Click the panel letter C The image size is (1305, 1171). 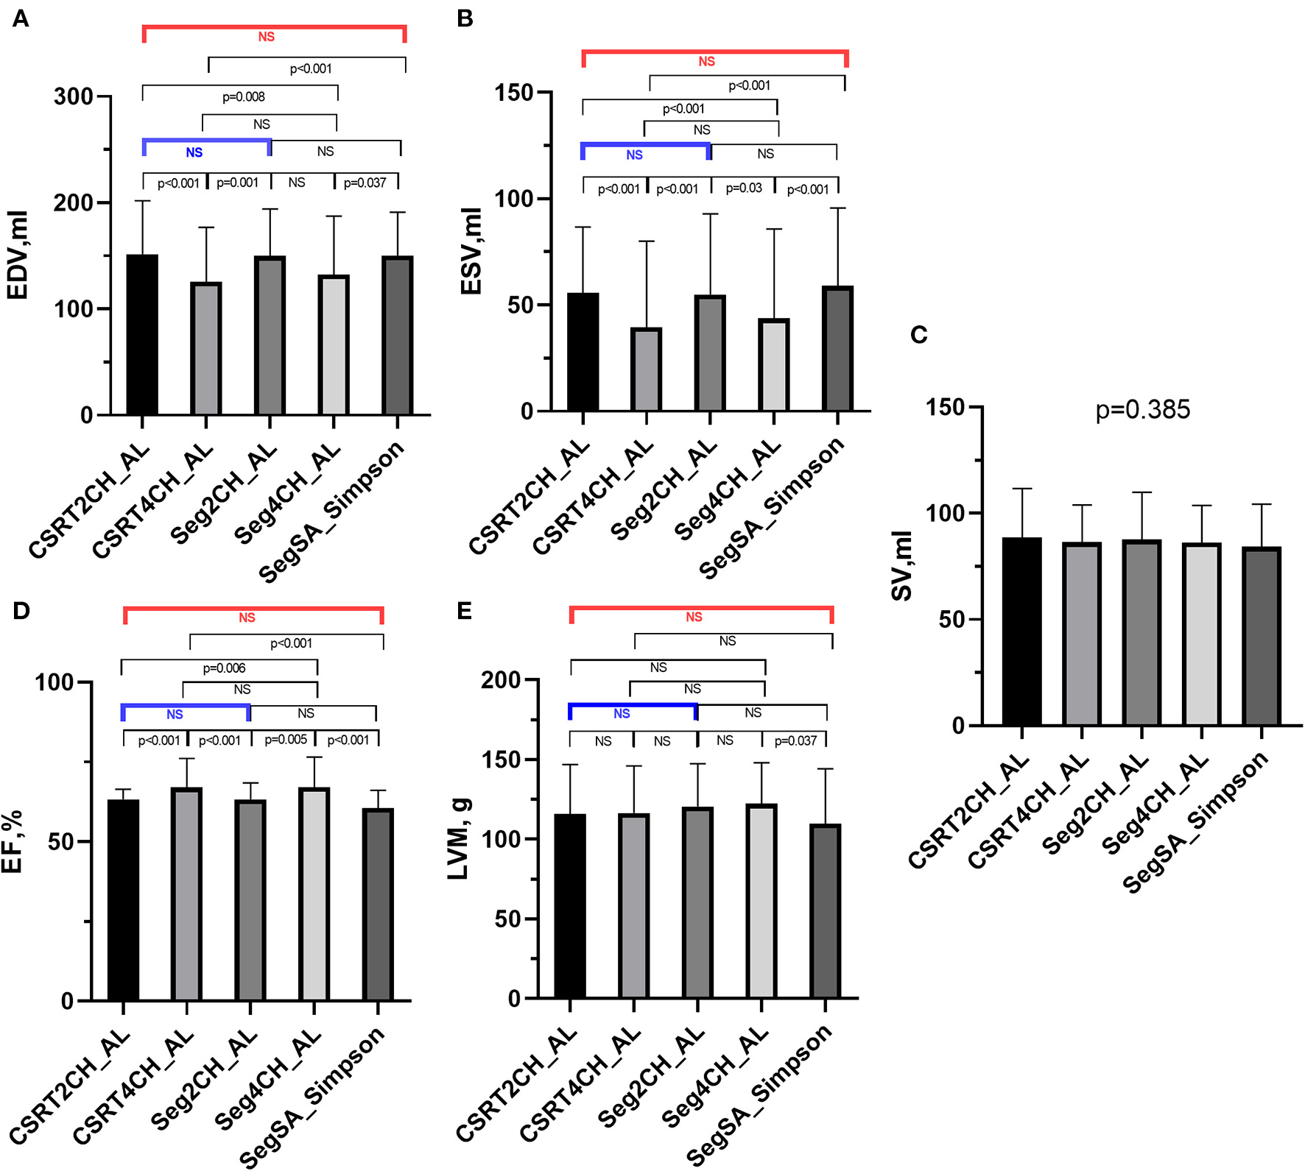pos(918,335)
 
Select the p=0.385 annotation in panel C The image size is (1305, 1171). pos(1142,409)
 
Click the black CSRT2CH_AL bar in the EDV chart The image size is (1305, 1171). pos(142,335)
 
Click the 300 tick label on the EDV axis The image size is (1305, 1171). pos(73,96)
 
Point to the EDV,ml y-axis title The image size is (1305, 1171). pos(17,255)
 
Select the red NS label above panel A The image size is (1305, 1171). pos(266,37)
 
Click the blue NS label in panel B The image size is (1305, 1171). pos(634,155)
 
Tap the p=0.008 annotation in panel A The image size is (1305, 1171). pos(244,96)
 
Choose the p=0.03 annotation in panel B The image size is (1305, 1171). pos(744,188)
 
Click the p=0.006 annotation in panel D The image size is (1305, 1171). pos(224,668)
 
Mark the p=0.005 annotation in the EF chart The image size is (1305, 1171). pos(286,740)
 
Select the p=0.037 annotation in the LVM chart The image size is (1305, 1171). pos(795,740)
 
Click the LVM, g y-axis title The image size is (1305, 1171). pos(458,839)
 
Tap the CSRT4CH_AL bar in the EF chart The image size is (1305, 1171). pos(186,894)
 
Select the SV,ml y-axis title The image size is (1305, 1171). pos(901,566)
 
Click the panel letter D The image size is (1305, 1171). pos(21,611)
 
